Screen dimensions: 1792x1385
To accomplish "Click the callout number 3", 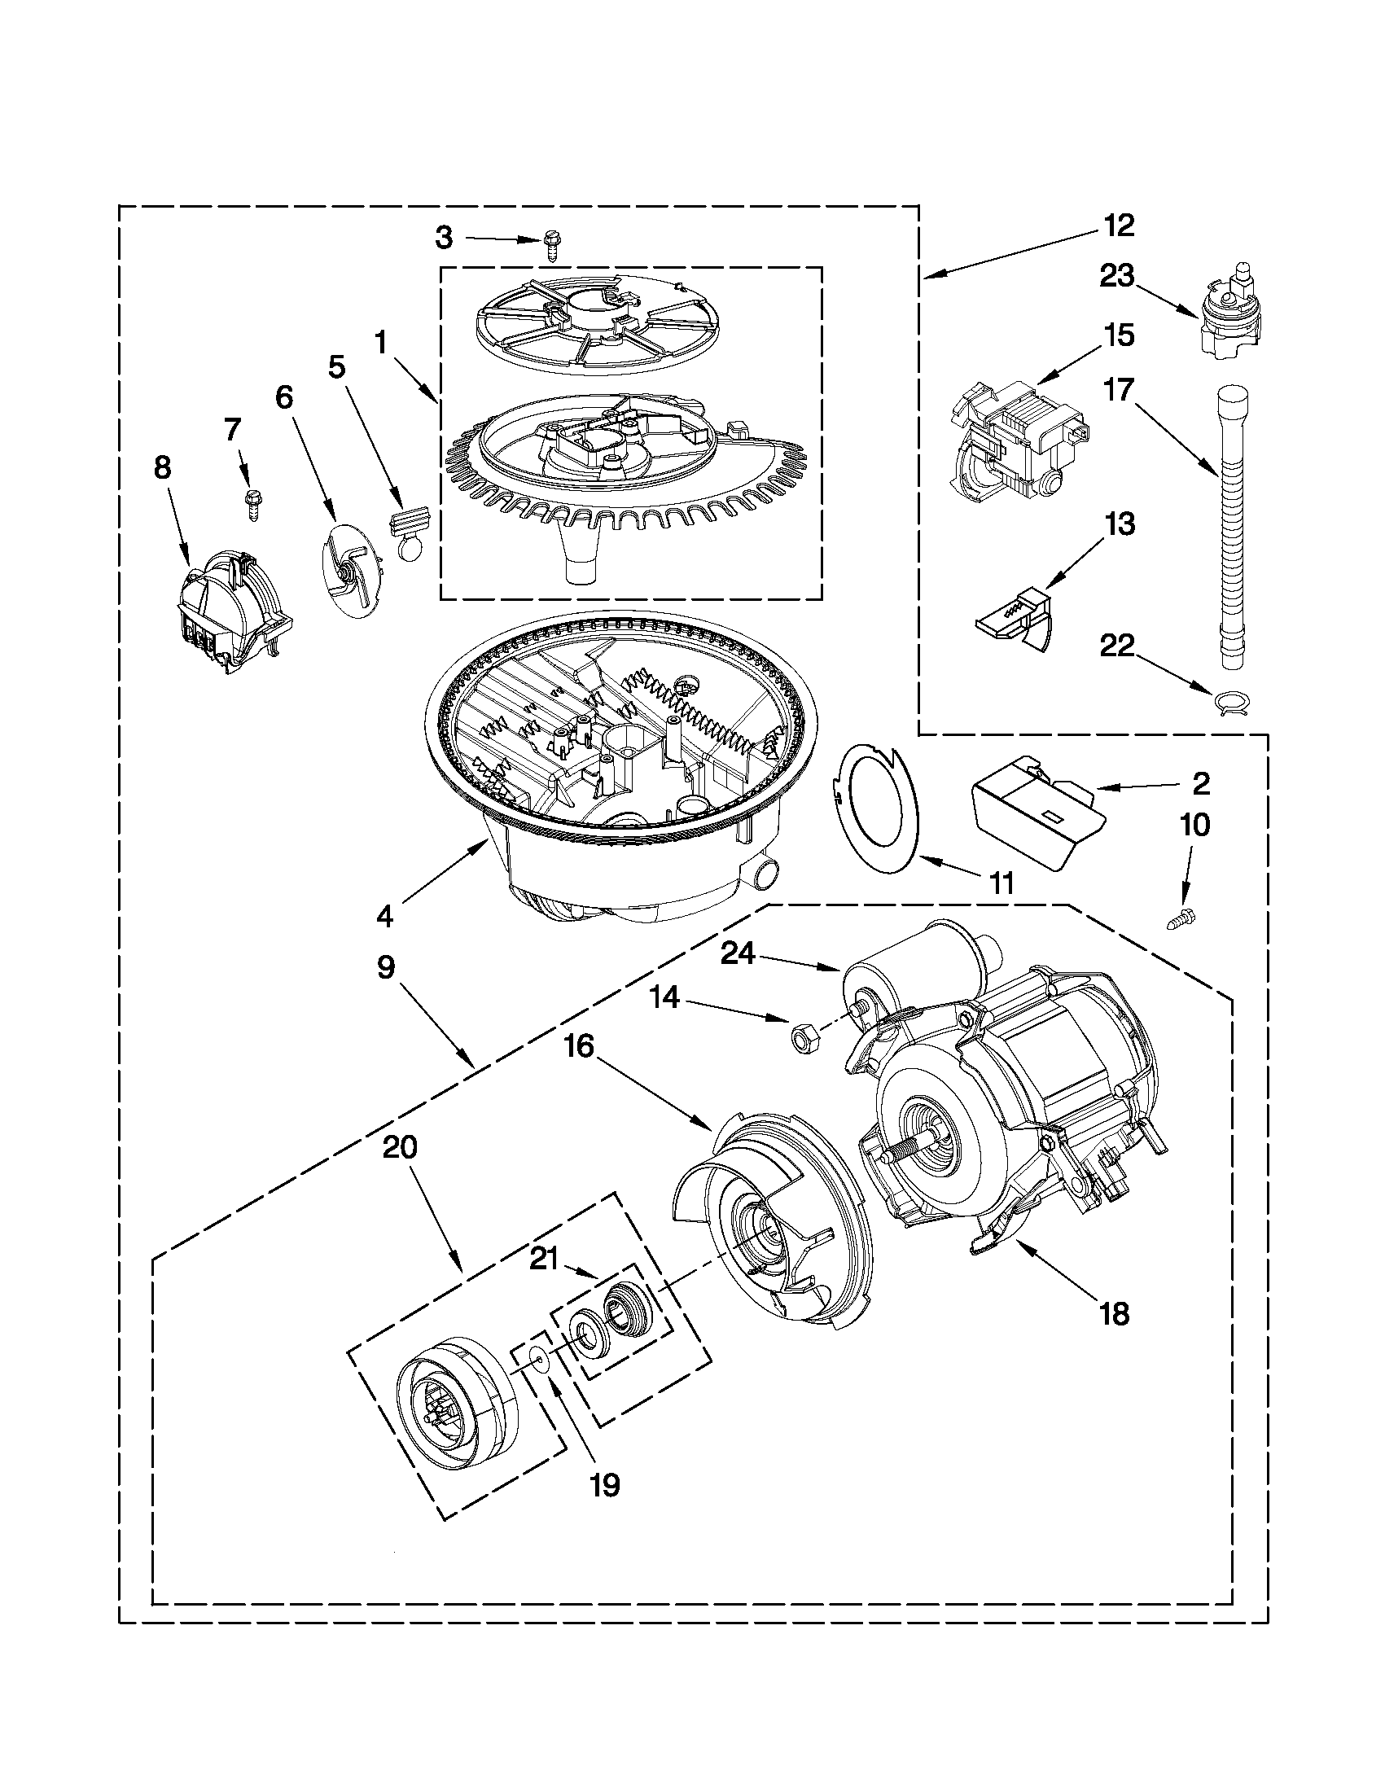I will click(x=443, y=238).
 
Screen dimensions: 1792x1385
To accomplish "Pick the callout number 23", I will click(x=1116, y=277).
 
